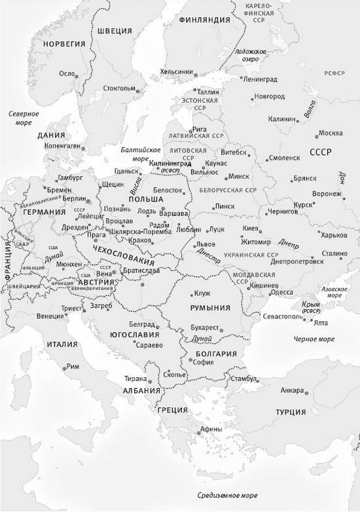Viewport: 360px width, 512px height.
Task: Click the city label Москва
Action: [x=331, y=134]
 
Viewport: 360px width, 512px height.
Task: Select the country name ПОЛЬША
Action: [x=146, y=198]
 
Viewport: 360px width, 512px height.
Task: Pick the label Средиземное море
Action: [x=228, y=494]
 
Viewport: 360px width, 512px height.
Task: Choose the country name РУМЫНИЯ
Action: [x=209, y=308]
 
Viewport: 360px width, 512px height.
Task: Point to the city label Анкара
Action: [x=292, y=391]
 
